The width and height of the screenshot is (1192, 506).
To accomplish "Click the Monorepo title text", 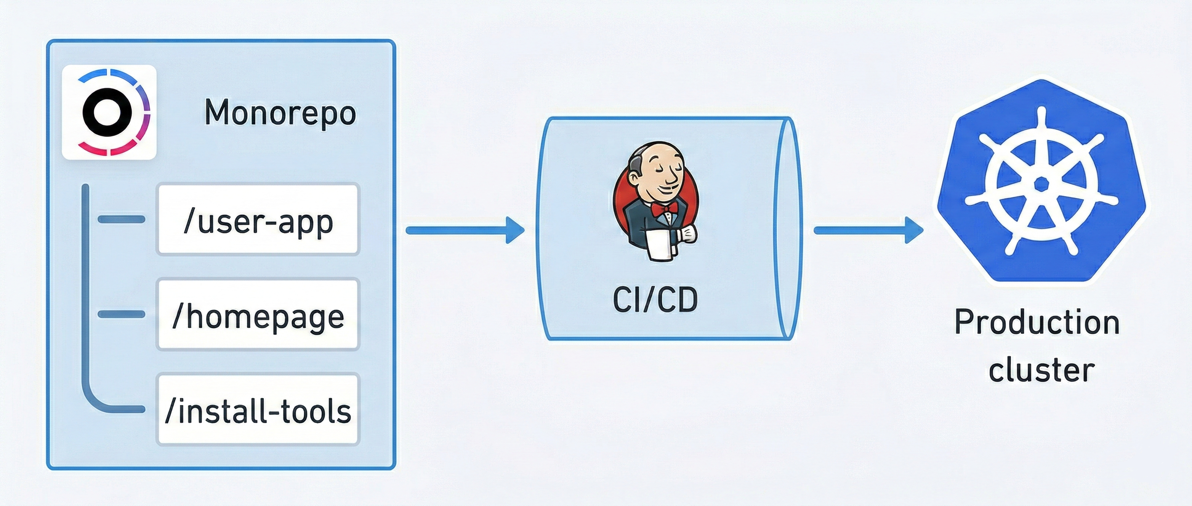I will (x=280, y=113).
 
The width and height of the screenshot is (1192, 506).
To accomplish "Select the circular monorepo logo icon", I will (x=109, y=113).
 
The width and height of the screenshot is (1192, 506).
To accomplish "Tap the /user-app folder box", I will (x=258, y=220).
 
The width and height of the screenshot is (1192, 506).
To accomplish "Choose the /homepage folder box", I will (x=258, y=315).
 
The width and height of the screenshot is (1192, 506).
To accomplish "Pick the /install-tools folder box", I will (x=258, y=410).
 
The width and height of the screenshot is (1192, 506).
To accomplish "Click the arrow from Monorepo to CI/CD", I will (x=465, y=230).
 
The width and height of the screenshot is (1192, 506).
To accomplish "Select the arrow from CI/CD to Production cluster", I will (x=868, y=230).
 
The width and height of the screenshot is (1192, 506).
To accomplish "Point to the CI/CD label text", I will (x=655, y=300).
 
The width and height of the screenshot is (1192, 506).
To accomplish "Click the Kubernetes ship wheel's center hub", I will (x=1041, y=184).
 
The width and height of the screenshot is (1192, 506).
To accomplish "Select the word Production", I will (x=1037, y=322).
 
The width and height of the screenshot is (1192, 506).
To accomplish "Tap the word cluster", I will (x=1041, y=370).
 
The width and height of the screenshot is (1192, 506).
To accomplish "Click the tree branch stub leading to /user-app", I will (x=121, y=219).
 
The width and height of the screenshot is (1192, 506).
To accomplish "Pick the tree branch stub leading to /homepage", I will (x=121, y=314).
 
